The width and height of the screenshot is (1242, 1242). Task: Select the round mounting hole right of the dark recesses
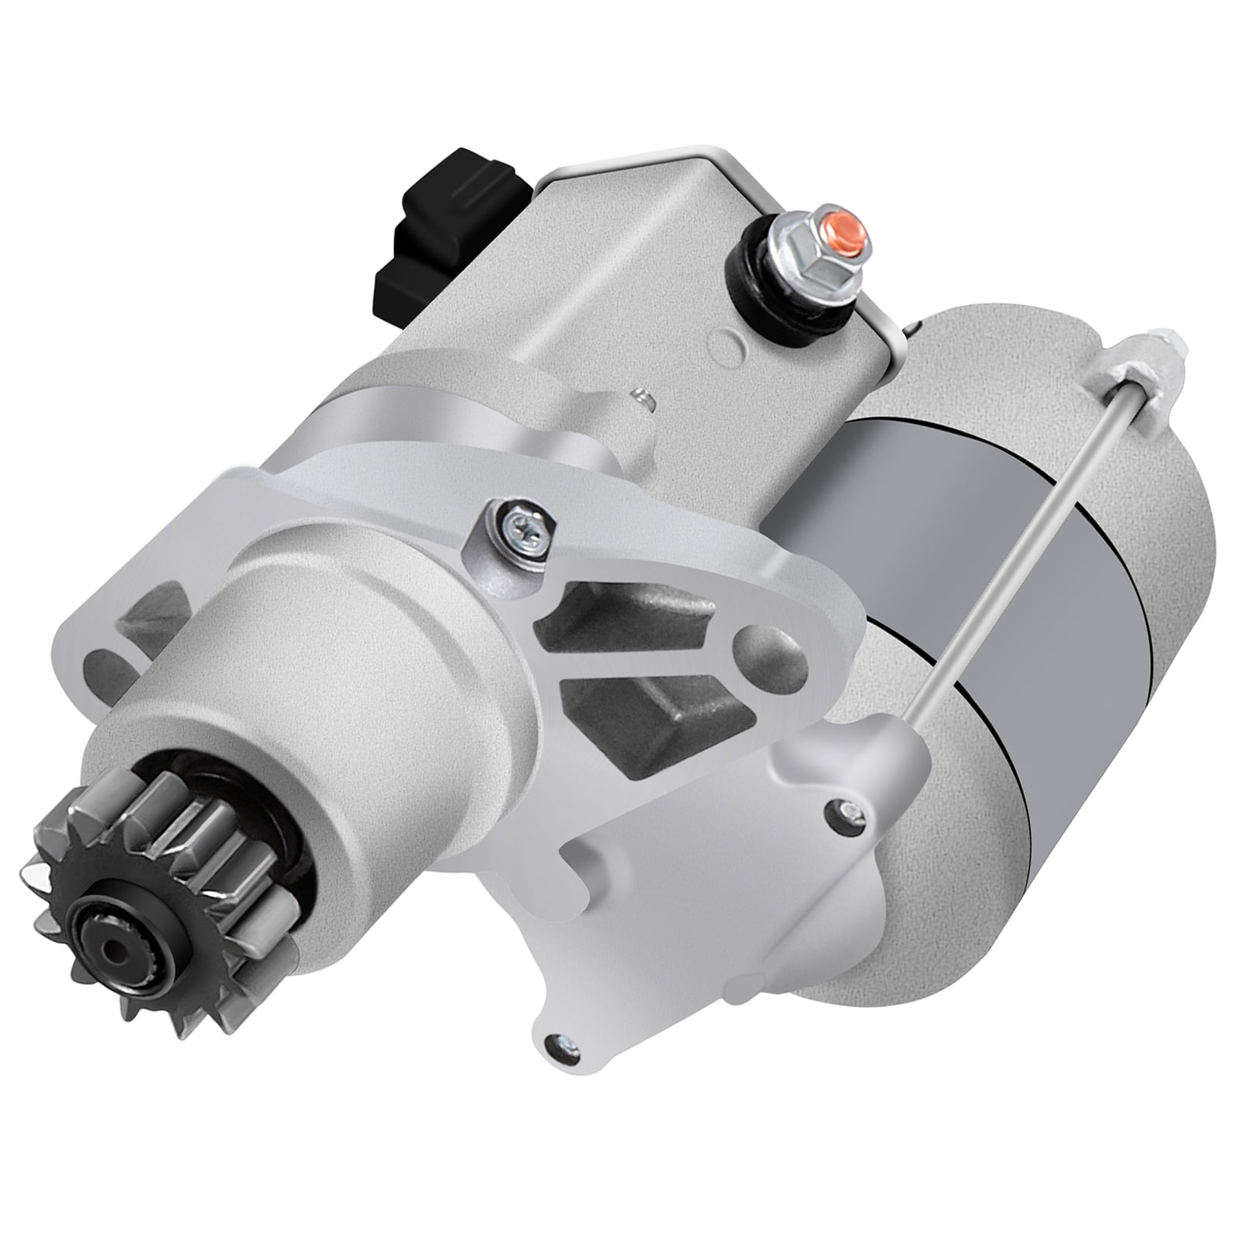click(x=768, y=649)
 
